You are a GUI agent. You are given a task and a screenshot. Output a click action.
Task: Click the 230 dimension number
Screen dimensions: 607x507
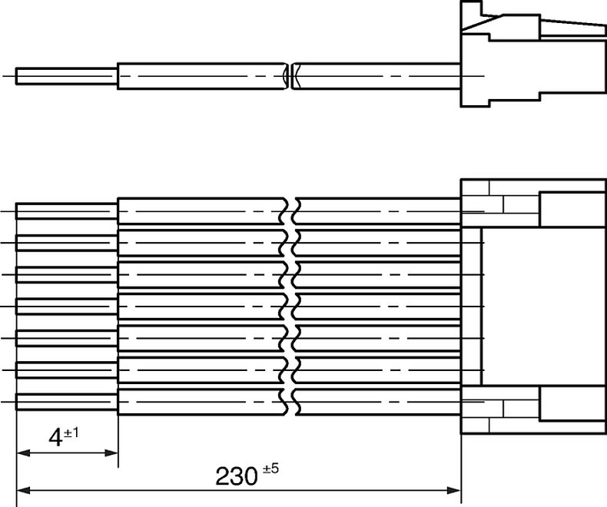pyautogui.click(x=236, y=476)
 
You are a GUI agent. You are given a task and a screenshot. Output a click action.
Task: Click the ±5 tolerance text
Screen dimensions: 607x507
pyautogui.click(x=271, y=469)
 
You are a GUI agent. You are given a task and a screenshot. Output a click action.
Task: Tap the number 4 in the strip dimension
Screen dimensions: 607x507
pyautogui.click(x=55, y=439)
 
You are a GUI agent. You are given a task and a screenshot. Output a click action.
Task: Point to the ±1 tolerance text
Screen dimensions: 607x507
pyautogui.click(x=71, y=432)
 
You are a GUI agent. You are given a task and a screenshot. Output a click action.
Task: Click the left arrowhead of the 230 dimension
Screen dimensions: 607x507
pyautogui.click(x=24, y=490)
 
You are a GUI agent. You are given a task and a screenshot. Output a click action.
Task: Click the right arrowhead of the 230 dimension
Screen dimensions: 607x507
pyautogui.click(x=453, y=490)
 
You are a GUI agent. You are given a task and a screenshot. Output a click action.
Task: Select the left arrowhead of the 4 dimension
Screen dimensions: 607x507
pyautogui.click(x=24, y=452)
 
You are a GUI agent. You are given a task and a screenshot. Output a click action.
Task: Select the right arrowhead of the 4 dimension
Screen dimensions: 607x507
pyautogui.click(x=111, y=452)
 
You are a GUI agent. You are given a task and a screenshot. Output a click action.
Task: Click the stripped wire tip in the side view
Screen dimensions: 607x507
pyautogui.click(x=67, y=76)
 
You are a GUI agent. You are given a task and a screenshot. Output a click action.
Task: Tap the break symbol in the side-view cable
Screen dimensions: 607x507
pyautogui.click(x=290, y=76)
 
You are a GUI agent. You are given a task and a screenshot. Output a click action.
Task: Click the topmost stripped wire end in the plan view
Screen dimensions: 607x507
pyautogui.click(x=67, y=211)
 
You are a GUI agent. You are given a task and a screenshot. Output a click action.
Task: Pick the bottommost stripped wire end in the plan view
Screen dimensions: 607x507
pyautogui.click(x=67, y=401)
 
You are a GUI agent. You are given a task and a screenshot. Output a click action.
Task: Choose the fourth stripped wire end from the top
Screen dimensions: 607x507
pyautogui.click(x=67, y=307)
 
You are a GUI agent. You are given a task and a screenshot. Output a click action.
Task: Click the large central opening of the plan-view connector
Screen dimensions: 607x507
pyautogui.click(x=543, y=307)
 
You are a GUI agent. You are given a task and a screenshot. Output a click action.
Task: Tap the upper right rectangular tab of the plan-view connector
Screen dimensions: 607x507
pyautogui.click(x=572, y=210)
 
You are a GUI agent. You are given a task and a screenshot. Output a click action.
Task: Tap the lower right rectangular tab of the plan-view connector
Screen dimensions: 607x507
pyautogui.click(x=572, y=403)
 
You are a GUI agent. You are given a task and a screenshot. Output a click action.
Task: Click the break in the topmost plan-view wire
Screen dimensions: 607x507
pyautogui.click(x=290, y=211)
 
